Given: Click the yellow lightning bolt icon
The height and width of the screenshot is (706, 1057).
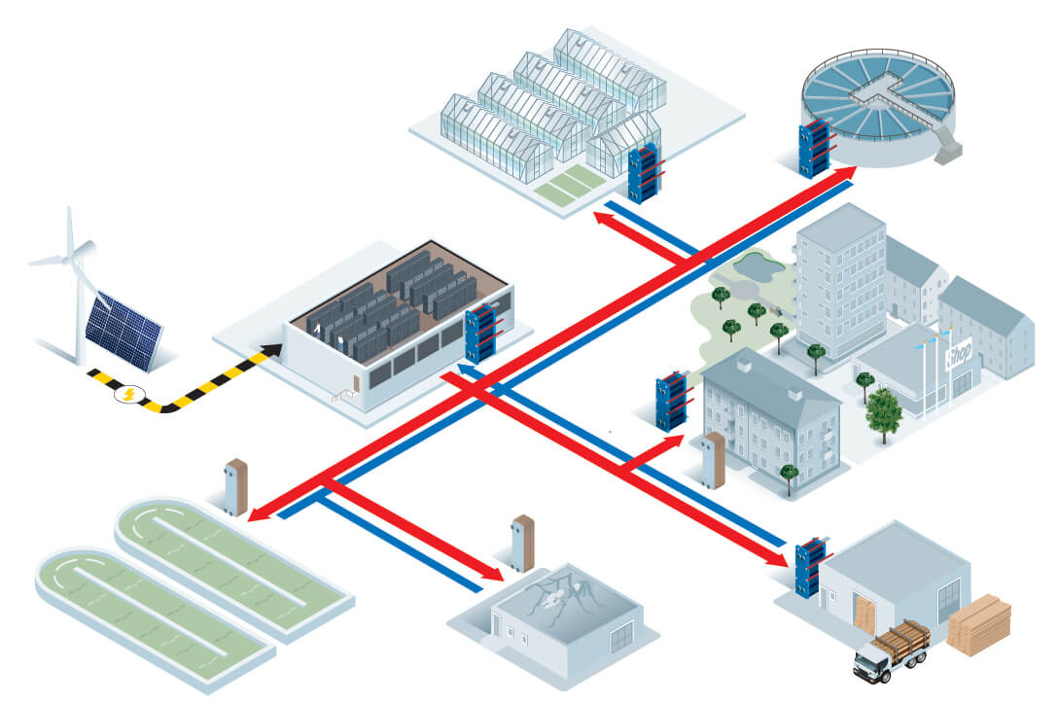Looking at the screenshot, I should (x=128, y=394).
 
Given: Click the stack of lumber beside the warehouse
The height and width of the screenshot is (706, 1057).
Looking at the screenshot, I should (x=978, y=624).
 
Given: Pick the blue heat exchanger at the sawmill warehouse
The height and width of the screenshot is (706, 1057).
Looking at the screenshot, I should (x=809, y=566).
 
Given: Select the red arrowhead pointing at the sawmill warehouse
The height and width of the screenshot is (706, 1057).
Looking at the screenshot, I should (x=780, y=558).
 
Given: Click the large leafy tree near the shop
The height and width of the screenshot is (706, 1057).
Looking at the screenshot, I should (x=884, y=409).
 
